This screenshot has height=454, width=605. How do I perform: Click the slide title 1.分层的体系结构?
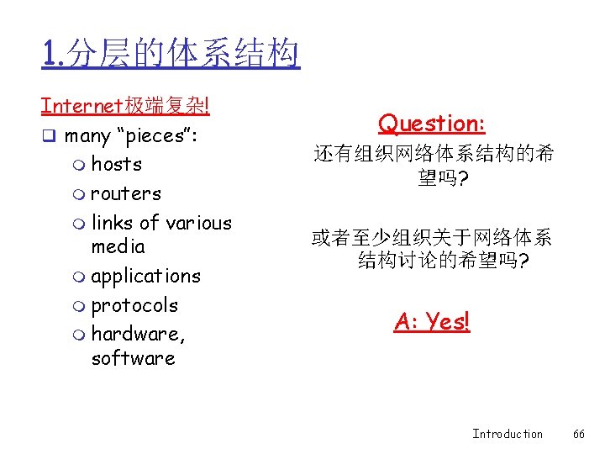171,55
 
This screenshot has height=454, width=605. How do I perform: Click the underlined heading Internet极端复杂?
125,107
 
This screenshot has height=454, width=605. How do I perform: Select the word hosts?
116,164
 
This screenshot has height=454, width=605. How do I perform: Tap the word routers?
125,193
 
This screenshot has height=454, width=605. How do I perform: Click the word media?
118,246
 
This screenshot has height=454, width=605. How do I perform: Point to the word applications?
145,277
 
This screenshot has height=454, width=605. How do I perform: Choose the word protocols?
134,305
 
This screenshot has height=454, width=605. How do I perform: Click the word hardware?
138,335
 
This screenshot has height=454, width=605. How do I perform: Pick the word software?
133,358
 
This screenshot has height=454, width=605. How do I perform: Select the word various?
197,223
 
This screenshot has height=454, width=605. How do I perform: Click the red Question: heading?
432,124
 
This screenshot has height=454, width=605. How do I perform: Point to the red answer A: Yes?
432,321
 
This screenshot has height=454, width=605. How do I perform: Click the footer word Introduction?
507,434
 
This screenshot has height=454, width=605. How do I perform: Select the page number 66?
578,434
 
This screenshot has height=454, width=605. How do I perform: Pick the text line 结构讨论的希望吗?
443,261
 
